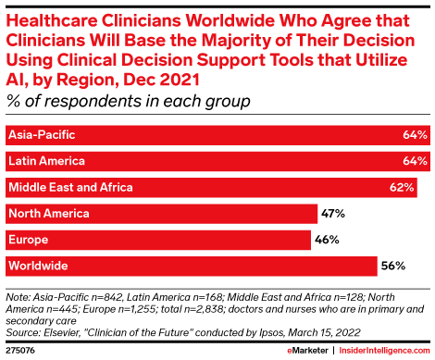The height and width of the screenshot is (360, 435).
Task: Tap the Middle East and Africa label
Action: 70,188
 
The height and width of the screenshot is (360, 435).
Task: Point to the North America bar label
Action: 48,214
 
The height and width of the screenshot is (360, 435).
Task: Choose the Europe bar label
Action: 28,241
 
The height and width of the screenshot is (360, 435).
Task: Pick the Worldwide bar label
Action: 37,267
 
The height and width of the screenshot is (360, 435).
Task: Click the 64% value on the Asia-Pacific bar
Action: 416,135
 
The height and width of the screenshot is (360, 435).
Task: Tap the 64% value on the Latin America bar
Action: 416,161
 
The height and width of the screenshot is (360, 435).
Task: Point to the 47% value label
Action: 332,214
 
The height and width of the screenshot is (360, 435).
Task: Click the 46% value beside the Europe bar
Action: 326,241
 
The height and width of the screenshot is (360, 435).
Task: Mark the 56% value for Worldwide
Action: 392,267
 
